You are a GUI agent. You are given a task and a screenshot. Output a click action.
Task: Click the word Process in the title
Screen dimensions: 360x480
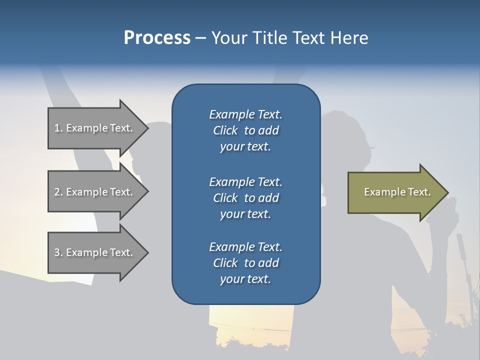click(157, 38)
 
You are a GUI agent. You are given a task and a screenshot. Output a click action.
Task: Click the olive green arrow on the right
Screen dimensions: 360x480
click(395, 192)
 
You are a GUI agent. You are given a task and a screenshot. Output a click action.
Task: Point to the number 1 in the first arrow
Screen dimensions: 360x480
click(57, 128)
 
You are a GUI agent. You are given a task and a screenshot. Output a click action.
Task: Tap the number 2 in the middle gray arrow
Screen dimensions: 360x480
click(57, 192)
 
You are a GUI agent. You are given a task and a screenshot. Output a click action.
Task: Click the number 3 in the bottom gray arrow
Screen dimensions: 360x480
click(57, 252)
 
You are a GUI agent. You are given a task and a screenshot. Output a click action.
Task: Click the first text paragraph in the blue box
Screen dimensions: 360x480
click(245, 130)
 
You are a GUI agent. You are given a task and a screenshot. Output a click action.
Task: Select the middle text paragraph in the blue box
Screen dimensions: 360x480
click(245, 197)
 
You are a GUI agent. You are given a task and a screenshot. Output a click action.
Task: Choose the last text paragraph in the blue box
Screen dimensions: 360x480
click(245, 263)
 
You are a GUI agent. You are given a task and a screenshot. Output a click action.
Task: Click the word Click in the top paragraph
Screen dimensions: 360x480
click(225, 130)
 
